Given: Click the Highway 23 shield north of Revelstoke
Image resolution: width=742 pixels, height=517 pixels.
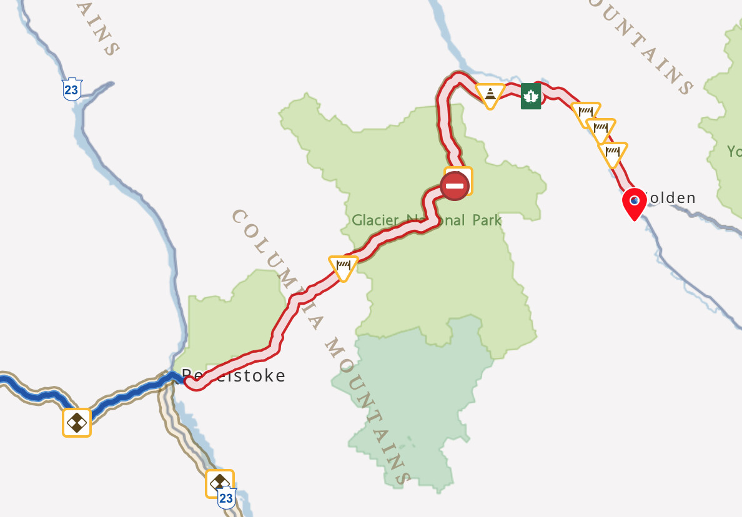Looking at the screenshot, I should (71, 89).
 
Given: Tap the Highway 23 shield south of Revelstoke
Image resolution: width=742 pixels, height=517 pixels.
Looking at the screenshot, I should (226, 498).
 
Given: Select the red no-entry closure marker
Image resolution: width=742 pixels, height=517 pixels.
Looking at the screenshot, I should (454, 186).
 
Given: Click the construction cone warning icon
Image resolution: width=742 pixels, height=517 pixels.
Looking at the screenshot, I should (490, 94).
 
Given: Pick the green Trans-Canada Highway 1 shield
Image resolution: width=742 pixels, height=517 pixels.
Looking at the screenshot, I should (530, 96).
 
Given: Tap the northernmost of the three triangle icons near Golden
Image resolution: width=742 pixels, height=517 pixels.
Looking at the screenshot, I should (586, 113).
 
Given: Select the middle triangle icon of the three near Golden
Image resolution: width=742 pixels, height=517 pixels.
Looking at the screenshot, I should (600, 131).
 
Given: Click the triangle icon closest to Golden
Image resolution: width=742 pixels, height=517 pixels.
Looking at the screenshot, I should (612, 152).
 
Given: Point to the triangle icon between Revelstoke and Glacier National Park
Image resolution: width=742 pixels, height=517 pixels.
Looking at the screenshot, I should (343, 267).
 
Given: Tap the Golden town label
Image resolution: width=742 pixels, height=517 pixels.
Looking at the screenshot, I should (668, 199).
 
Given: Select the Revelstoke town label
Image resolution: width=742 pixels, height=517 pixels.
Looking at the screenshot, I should (234, 375).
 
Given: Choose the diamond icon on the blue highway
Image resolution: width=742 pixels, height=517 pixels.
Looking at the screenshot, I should (77, 422).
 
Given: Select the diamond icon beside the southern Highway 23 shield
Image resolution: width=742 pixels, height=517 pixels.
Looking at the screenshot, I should (219, 483).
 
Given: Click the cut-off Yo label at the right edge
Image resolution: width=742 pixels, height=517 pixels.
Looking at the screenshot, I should (734, 151).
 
